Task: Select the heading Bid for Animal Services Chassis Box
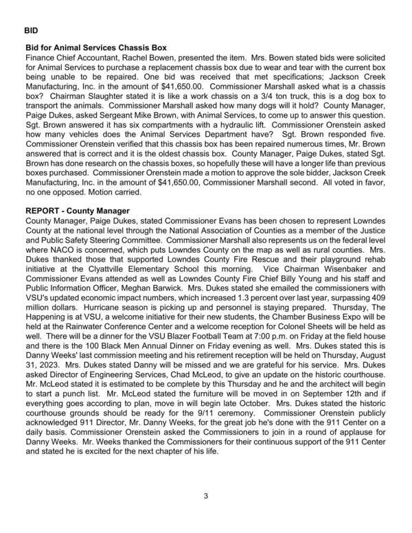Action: coord(96,48)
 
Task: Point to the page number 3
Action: coord(205,496)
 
